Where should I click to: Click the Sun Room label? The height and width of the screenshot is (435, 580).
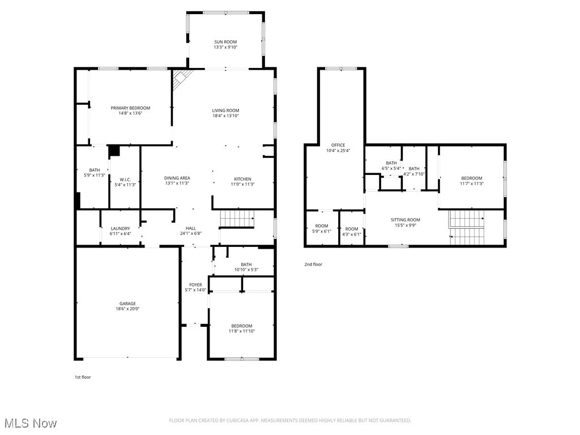pos(225,42)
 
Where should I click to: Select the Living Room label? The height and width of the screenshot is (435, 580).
pos(225,110)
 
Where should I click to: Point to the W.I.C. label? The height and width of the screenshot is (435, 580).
pos(126,180)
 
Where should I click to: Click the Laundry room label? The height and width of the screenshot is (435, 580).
pos(120,228)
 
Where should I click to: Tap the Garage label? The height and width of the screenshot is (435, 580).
pos(127,304)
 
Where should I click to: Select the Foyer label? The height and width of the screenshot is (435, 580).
pos(195,285)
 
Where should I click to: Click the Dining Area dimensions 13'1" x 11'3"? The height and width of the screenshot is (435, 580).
pos(177,184)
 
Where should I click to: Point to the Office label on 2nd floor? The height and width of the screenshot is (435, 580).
pos(339,145)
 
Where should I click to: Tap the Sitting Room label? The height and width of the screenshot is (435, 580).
pos(406,220)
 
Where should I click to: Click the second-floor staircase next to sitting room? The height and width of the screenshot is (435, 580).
pos(468,227)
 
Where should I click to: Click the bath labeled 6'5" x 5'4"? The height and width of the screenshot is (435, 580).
pos(391,165)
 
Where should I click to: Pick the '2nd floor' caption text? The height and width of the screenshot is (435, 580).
pos(313,264)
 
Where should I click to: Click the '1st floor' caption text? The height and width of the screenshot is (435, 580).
pos(83,377)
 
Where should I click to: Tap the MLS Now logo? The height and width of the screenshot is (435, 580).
pos(31,423)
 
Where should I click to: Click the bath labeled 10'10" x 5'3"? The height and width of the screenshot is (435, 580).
pos(246,267)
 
